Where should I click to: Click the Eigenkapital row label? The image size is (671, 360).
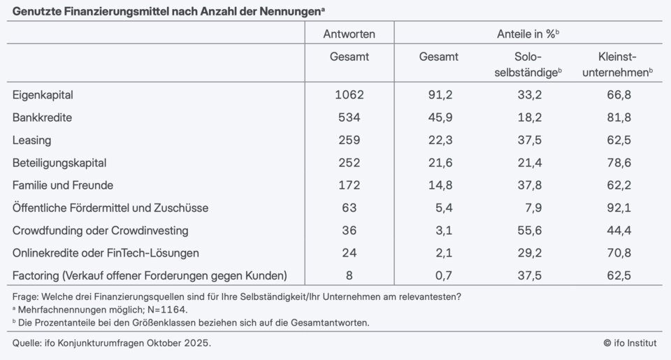(43, 95)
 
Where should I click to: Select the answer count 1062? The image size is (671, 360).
(349, 95)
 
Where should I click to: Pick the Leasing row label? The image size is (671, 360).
(31, 140)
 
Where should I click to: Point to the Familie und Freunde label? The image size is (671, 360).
(63, 185)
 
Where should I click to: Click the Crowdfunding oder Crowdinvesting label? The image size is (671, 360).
(101, 230)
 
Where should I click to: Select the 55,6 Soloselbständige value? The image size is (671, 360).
(528, 230)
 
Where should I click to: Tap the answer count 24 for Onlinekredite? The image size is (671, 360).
(349, 252)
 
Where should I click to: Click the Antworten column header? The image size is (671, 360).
(349, 34)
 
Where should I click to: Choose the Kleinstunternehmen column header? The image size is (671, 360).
(617, 64)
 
